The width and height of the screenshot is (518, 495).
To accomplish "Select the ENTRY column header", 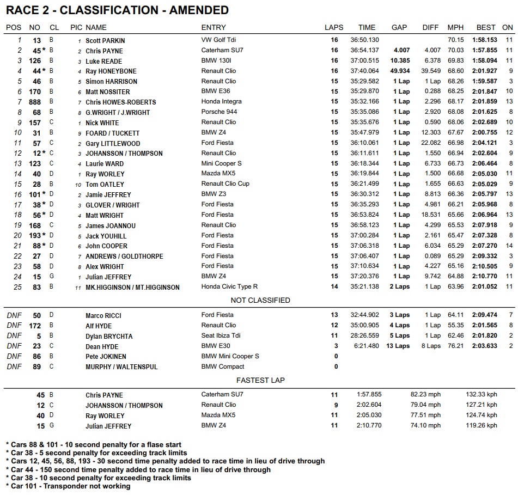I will pos(214,27).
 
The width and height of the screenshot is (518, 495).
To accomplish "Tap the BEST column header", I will pos(486,27).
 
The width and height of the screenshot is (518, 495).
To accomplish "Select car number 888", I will pos(35,102).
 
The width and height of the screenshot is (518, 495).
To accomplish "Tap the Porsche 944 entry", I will pos(219,112).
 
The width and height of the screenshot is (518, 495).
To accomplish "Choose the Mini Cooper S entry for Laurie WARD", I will pos(222,163).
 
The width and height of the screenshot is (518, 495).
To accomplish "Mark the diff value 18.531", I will pos(431,215).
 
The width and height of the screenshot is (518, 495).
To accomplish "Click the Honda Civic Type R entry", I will pos(229,287).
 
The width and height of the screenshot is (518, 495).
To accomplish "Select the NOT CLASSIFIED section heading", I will pos(260,300).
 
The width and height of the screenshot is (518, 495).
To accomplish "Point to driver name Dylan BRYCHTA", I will pos(109,336).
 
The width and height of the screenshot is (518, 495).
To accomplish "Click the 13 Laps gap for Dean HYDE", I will pos(398,346).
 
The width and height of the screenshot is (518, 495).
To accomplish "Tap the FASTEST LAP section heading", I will pos(260,380).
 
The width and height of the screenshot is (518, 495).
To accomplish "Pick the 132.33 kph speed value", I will pos(482,395).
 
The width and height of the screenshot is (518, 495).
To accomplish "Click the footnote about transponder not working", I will pos(68,486).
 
